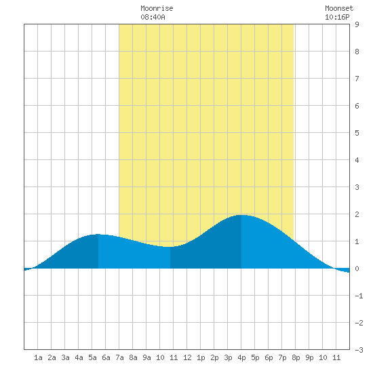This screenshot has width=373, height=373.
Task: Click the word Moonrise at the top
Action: click(157, 8)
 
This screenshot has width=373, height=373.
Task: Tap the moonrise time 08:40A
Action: click(153, 17)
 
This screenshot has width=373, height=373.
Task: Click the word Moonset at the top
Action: click(339, 8)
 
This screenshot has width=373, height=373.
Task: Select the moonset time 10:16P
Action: click(337, 17)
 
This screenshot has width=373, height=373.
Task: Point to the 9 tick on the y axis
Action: click(357, 24)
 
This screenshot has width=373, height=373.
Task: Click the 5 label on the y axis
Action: click(357, 133)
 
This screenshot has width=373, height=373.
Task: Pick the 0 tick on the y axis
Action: click(357, 269)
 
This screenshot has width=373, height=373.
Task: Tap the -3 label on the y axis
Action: click(359, 350)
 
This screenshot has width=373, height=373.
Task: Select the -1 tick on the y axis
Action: click(359, 296)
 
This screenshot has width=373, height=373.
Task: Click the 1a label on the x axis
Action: click(38, 357)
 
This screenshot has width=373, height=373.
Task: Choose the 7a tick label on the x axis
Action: click(119, 357)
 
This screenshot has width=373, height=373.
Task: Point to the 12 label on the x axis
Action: click(187, 357)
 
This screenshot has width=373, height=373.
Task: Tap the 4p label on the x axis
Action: click(241, 357)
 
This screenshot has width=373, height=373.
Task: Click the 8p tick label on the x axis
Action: click(296, 357)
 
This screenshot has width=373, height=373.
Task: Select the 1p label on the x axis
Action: click(201, 357)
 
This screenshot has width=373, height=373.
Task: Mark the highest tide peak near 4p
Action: click(241, 215)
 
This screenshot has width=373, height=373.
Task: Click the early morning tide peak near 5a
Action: click(98, 235)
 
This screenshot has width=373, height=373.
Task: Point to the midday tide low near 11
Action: click(170, 247)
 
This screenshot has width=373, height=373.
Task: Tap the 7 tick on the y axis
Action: click(357, 79)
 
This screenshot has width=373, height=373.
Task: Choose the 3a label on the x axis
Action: click(65, 357)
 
